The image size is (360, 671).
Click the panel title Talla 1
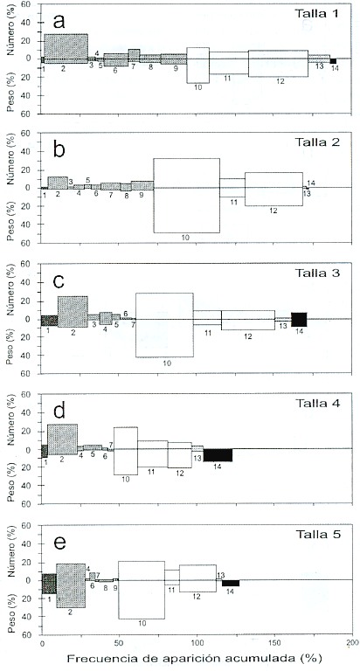[317, 13]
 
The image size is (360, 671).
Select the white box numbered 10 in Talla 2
[187, 196]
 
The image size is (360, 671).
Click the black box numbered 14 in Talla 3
[299, 320]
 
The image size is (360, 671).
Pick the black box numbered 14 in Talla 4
[218, 455]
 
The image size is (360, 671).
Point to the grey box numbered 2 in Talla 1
[66, 49]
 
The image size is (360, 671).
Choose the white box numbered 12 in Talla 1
[278, 63]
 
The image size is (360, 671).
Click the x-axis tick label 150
[275, 643]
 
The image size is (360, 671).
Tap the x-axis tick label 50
[120, 643]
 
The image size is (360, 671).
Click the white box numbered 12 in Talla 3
[248, 320]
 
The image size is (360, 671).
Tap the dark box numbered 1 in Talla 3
[49, 321]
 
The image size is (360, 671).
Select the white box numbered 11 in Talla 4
[152, 453]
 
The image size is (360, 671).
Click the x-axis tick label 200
[352, 643]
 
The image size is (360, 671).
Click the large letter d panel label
[59, 412]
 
